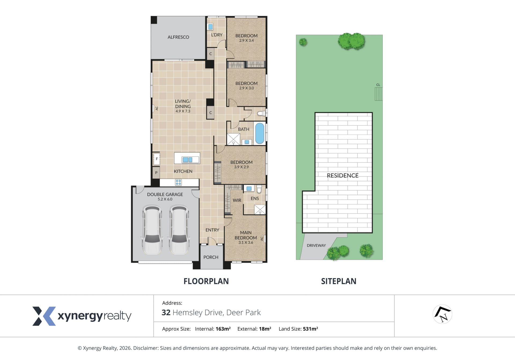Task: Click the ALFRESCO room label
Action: click(178, 37)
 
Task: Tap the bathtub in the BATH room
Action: click(259, 133)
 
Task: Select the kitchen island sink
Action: click(187, 160)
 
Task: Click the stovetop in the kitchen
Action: click(178, 182)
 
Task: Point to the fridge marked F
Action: click(156, 159)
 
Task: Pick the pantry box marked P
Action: click(156, 173)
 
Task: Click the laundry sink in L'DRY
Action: click(211, 27)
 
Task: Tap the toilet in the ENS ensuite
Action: click(259, 189)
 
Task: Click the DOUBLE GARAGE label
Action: click(165, 194)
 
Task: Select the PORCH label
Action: click(211, 257)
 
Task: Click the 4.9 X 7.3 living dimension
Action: click(183, 111)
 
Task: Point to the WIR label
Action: click(237, 200)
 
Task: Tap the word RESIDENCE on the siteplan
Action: click(343, 175)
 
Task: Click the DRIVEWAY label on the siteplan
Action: click(316, 245)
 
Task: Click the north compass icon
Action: click(443, 314)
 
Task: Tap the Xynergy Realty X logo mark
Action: click(44, 316)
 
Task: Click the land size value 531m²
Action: click(310, 329)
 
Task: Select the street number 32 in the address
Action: click(166, 313)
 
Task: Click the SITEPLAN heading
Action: click(339, 281)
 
